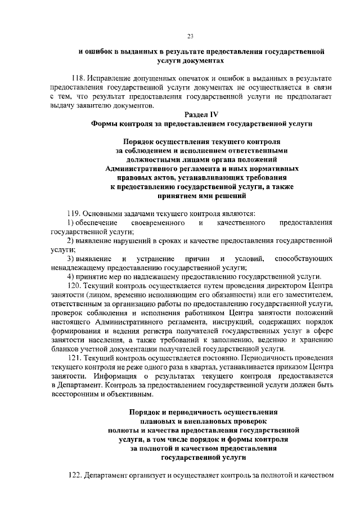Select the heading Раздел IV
point(203,114)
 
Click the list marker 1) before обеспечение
point(71,223)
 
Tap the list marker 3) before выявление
point(71,258)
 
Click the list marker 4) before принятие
point(71,276)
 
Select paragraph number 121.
point(74,357)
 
